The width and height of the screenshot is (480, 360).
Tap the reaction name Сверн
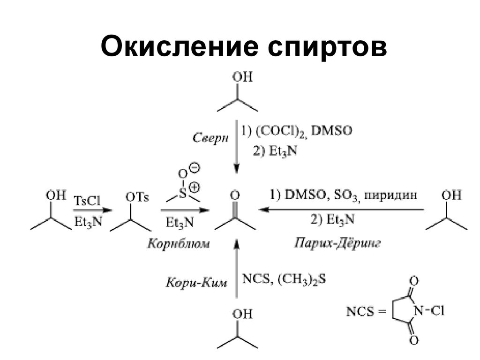(210, 138)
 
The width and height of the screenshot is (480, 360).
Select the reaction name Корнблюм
(179, 244)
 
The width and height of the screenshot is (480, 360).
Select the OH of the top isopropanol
(243, 76)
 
